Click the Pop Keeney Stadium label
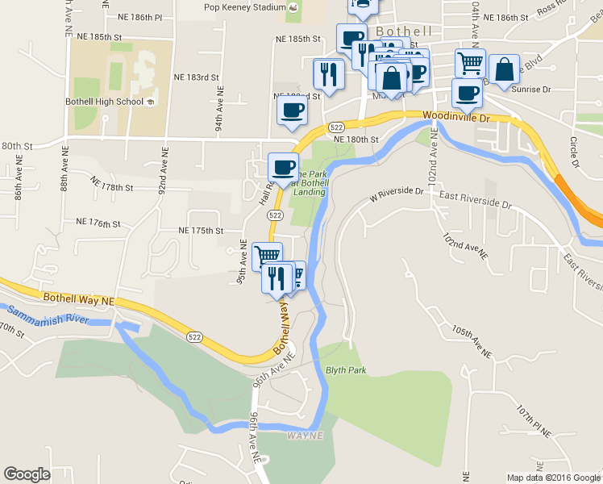[x=244, y=7]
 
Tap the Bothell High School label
[x=102, y=102]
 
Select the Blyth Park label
[x=346, y=370]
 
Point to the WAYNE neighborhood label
[x=304, y=436]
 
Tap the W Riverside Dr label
[x=396, y=193]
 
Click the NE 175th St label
[x=201, y=231]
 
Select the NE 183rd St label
[x=197, y=77]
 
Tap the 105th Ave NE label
[x=472, y=342]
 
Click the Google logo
[x=27, y=474]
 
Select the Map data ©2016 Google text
[x=554, y=478]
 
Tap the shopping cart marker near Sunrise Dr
[x=470, y=62]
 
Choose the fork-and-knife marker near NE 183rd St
[x=328, y=73]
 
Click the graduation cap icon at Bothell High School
[x=150, y=102]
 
